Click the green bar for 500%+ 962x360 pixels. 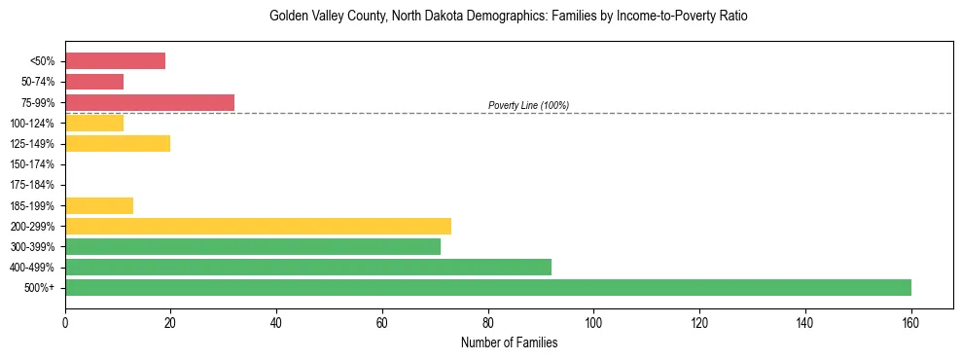click(488, 287)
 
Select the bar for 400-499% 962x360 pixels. click(308, 267)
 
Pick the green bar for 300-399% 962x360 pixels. click(253, 246)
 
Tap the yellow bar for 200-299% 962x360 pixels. click(258, 226)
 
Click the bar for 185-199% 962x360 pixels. click(99, 205)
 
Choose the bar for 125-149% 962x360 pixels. click(118, 143)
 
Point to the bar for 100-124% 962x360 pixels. click(94, 123)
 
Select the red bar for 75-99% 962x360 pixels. click(150, 102)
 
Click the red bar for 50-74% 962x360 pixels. click(94, 82)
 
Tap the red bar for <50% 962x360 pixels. click(115, 60)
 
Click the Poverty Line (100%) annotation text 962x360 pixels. click(528, 105)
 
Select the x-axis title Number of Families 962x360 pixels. click(509, 342)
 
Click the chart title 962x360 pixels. click(509, 17)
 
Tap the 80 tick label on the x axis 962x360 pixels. click(488, 322)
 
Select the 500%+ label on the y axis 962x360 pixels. click(45, 288)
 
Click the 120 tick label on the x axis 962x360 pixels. click(699, 322)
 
